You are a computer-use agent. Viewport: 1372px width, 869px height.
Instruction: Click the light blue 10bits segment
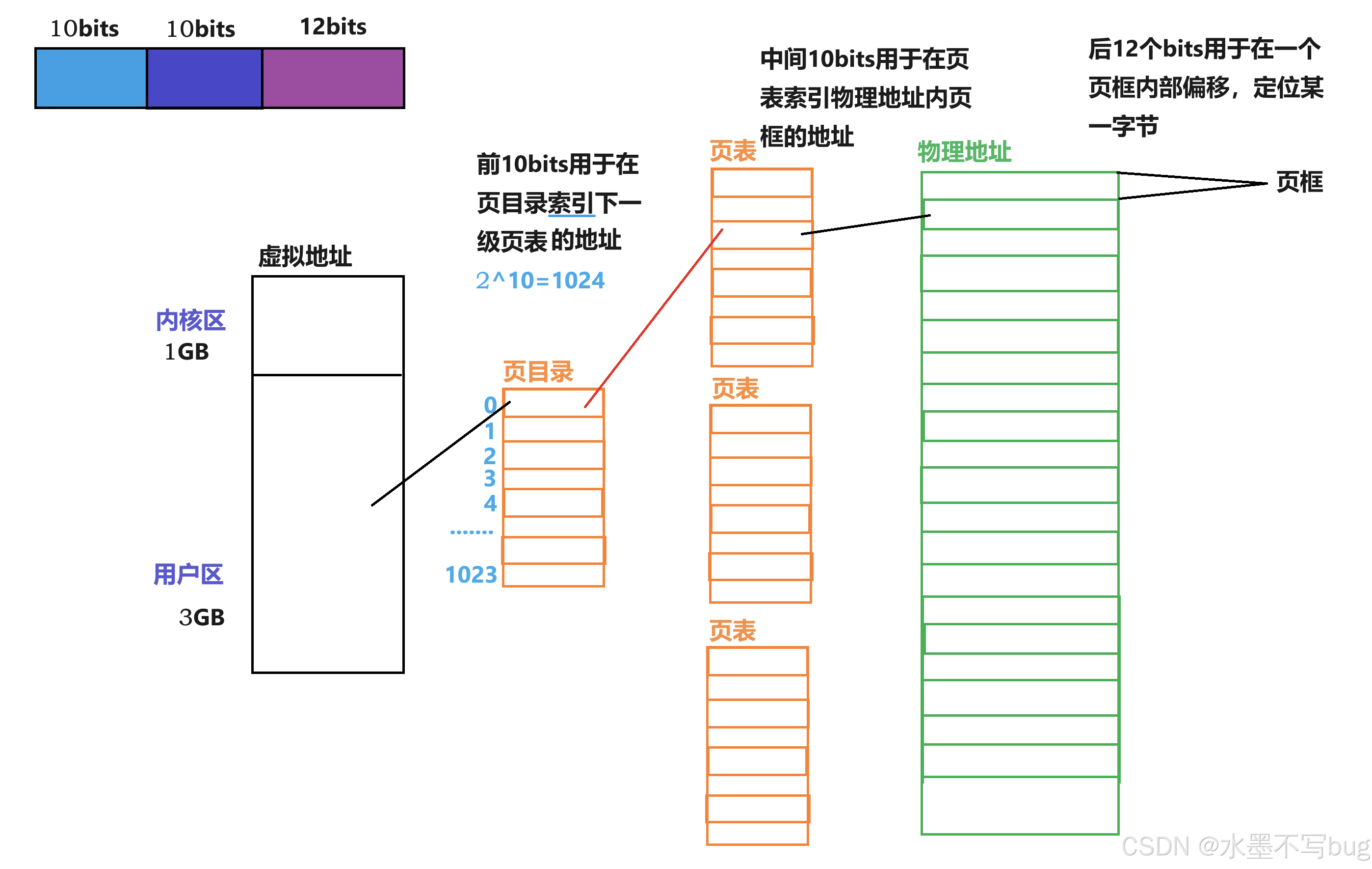[x=91, y=78]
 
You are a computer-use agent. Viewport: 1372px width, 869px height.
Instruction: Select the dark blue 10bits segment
[x=205, y=78]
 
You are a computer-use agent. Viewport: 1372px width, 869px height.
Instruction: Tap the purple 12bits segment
[x=333, y=78]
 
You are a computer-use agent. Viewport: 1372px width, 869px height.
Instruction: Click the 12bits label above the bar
[x=333, y=27]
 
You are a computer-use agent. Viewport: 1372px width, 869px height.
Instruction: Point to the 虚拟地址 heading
[x=305, y=256]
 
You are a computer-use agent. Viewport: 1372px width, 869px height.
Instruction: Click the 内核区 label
[x=190, y=320]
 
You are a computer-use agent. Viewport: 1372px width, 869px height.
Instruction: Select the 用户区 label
[x=188, y=574]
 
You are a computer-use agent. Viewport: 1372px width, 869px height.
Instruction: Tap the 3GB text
[x=202, y=617]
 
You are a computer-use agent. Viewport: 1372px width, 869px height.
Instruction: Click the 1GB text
[x=187, y=352]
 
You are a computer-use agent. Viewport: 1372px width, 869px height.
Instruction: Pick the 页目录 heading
[x=538, y=372]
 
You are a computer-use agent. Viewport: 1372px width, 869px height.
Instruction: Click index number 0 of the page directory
[x=490, y=405]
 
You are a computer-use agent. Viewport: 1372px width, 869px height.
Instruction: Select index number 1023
[x=471, y=575]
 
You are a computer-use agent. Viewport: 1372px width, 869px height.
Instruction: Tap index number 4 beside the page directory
[x=490, y=503]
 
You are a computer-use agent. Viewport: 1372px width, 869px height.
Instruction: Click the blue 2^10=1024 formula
[x=540, y=280]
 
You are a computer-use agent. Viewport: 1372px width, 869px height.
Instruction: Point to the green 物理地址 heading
[x=964, y=152]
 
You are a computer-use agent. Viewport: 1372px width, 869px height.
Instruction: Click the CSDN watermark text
[x=1245, y=846]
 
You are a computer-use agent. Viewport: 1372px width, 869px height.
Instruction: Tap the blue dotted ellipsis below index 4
[x=471, y=532]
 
